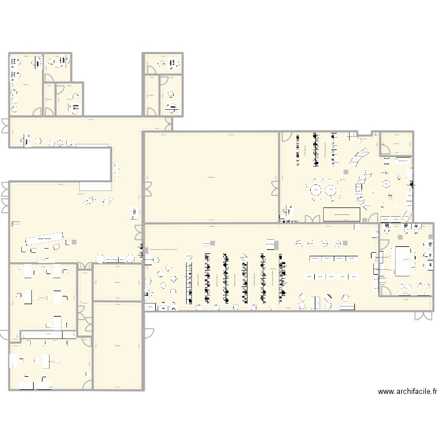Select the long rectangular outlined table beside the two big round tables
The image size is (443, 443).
[343, 213]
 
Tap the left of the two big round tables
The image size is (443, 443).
[315, 190]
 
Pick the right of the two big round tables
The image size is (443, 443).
[333, 190]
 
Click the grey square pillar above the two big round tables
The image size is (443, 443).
[345, 172]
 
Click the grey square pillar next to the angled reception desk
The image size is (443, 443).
[74, 241]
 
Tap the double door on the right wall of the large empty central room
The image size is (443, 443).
[275, 188]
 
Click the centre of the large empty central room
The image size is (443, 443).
[211, 177]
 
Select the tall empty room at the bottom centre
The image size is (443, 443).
[118, 346]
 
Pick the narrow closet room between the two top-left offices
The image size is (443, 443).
[49, 98]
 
